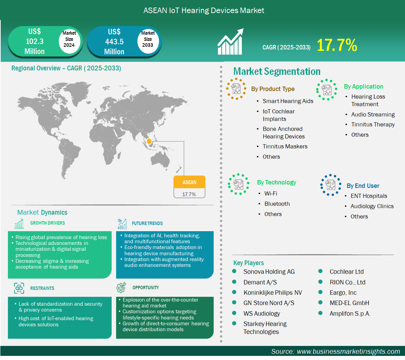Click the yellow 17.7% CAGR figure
[337, 45]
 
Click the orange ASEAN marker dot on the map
[149, 141]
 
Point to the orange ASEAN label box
[189, 182]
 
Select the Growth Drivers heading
[47, 223]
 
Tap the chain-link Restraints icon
[19, 288]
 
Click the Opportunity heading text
[146, 288]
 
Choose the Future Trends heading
[147, 223]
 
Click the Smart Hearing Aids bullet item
[288, 101]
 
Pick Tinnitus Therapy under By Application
[373, 124]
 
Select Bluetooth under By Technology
[277, 204]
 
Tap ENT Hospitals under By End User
[369, 196]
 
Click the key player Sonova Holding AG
[269, 272]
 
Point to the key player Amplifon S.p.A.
[350, 314]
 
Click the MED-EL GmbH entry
[349, 303]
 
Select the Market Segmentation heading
[277, 71]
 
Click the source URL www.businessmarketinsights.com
[348, 351]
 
